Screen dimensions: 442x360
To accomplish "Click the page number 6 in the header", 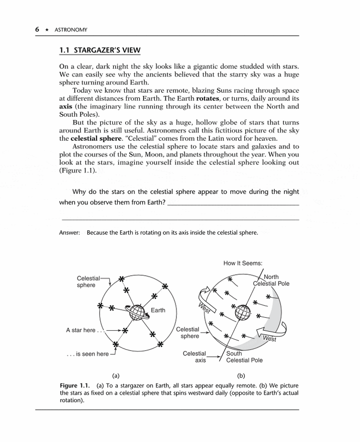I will [x=37, y=29].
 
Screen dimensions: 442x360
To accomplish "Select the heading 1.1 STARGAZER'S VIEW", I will [x=99, y=51].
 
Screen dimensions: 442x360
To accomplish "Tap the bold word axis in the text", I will [x=66, y=107].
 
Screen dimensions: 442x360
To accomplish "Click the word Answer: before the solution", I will [x=69, y=233].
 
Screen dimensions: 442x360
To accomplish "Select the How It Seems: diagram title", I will [x=243, y=263].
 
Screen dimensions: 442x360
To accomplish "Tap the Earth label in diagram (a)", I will [x=158, y=310].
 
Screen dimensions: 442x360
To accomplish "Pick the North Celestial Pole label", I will [x=271, y=281].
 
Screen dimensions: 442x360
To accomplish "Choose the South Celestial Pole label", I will [x=244, y=357].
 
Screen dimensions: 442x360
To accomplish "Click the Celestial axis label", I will [x=195, y=357].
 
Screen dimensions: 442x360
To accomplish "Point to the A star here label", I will [x=83, y=330].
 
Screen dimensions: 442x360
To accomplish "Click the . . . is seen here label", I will [x=88, y=354].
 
